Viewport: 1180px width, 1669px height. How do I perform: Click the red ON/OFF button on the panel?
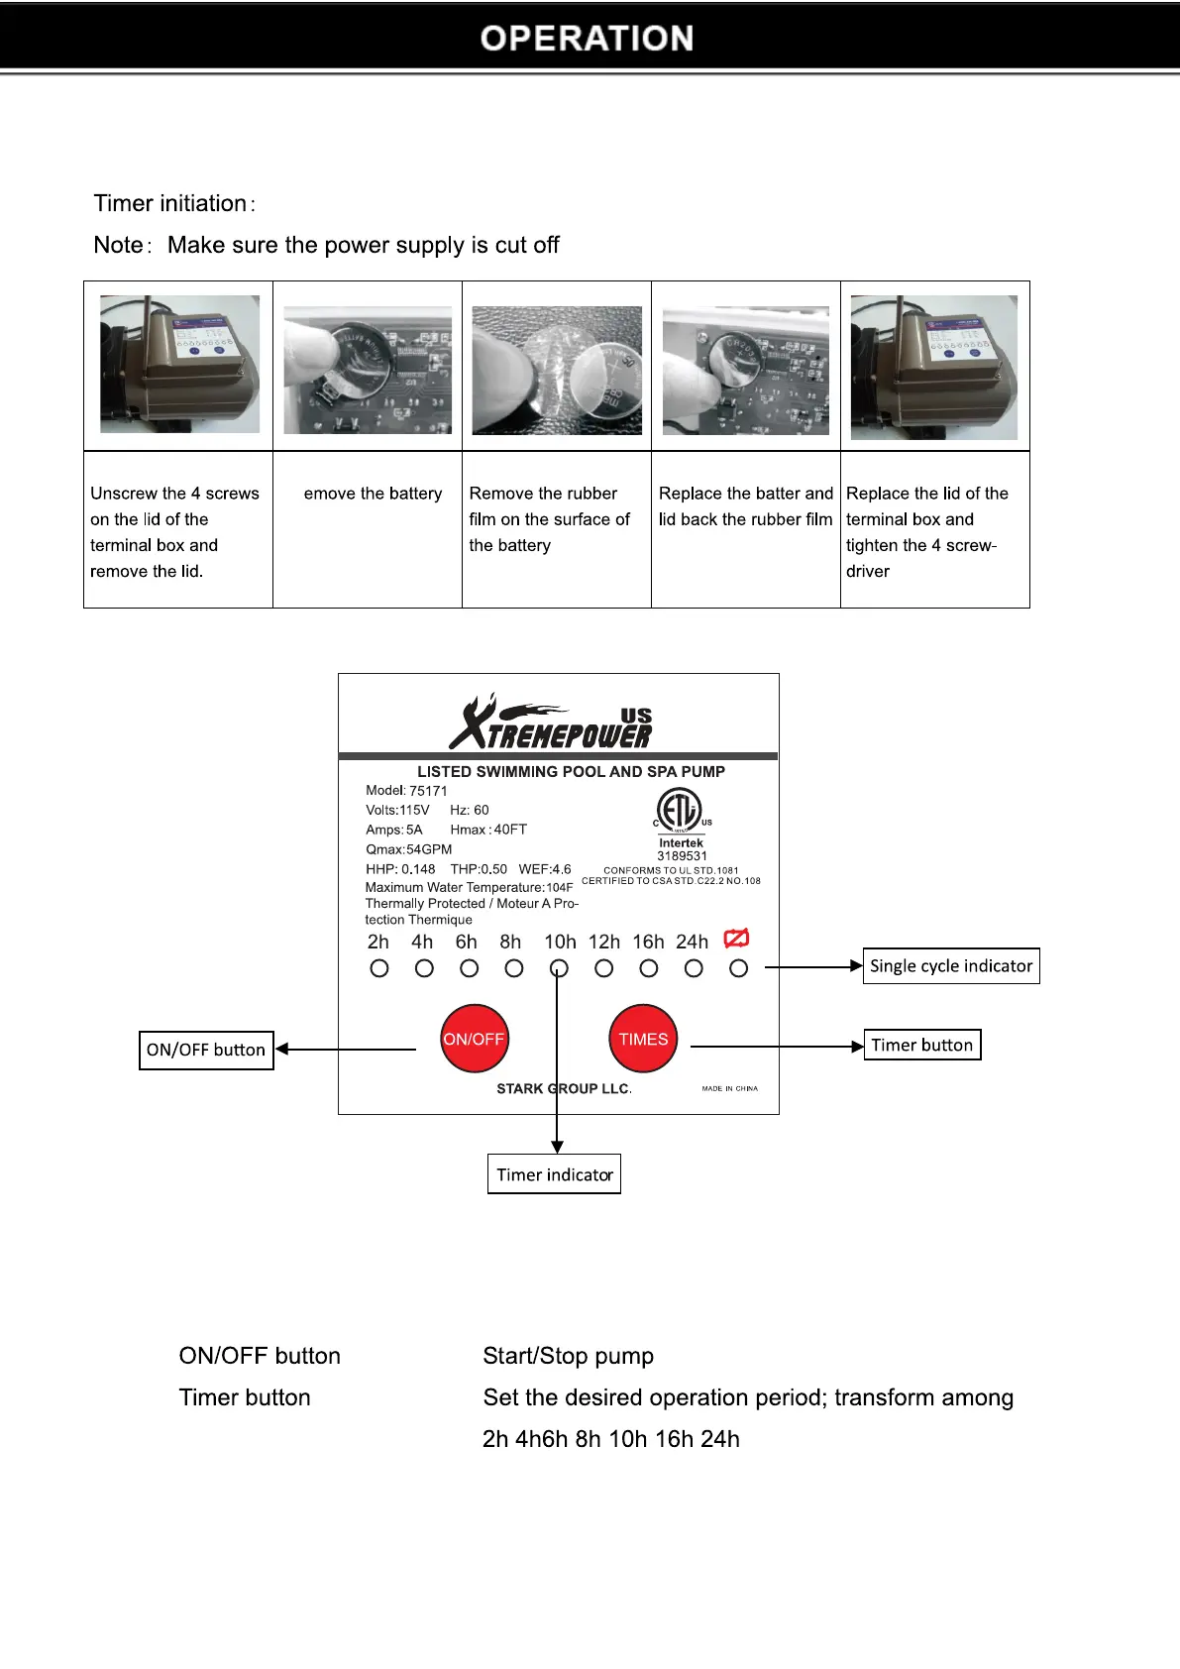474,1039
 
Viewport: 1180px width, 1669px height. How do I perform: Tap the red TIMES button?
643,1039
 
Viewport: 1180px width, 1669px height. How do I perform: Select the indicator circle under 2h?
378,968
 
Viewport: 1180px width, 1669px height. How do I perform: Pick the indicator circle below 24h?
694,968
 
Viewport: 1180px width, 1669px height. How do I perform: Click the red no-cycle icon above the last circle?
736,938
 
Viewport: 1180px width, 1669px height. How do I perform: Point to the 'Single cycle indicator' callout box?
951,966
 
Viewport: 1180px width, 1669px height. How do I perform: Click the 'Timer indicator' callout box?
554,1174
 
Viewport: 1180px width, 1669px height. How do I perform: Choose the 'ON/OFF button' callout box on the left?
206,1050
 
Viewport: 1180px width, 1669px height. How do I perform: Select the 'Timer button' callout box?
921,1045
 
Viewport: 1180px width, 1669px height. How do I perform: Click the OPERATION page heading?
587,38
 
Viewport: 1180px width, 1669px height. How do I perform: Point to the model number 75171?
428,791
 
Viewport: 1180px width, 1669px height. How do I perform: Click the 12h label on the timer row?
604,942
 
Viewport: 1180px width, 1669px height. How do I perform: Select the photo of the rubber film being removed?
557,370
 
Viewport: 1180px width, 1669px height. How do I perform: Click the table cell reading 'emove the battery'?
373,494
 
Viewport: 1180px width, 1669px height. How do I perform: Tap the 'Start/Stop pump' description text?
568,1356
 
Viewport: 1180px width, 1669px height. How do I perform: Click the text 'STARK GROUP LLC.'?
564,1088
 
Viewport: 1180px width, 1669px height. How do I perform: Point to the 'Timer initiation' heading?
170,203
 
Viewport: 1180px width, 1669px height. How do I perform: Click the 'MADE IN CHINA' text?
729,1088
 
